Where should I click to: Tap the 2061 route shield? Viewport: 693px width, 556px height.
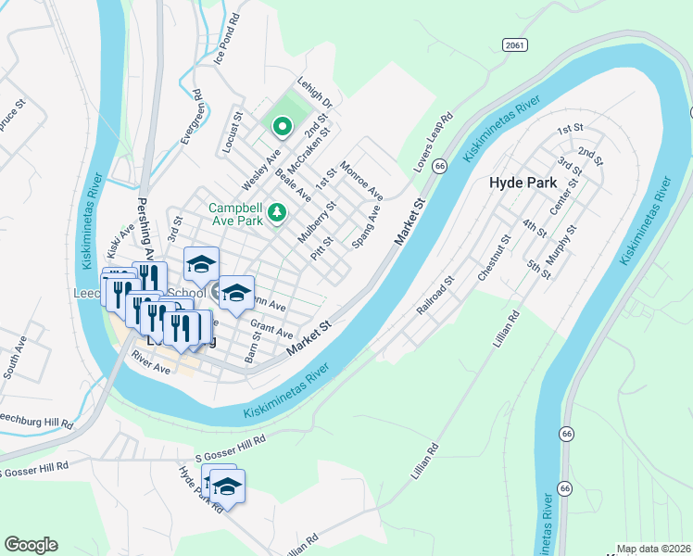(x=516, y=44)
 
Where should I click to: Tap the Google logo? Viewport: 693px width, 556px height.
(x=31, y=545)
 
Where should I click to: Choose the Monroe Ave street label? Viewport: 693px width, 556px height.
(x=361, y=181)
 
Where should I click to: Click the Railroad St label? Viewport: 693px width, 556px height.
(x=435, y=294)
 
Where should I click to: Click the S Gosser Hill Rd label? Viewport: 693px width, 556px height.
(x=232, y=448)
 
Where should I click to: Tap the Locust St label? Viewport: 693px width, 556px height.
(x=232, y=131)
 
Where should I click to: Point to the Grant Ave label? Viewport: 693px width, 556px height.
(x=271, y=329)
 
